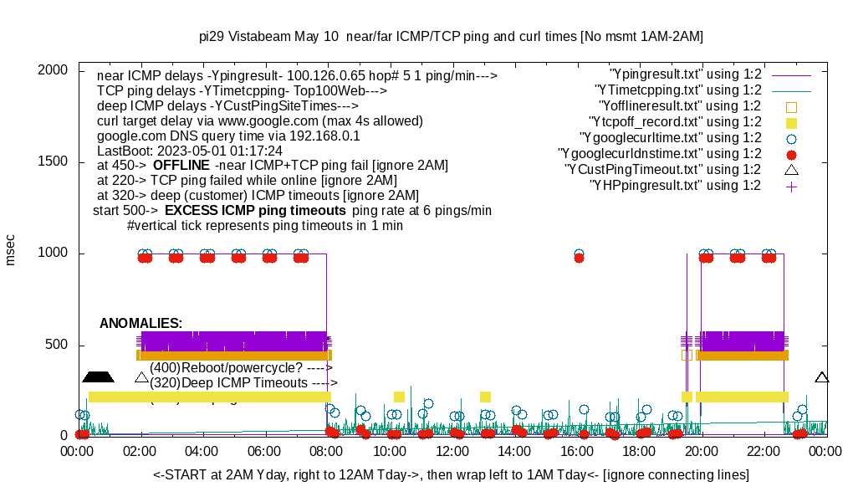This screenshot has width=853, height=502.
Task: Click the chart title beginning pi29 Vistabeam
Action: point(451,37)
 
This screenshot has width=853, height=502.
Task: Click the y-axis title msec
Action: point(11,250)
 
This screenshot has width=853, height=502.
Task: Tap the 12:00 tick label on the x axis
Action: point(452,451)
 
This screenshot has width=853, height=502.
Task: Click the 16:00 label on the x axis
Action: point(577,451)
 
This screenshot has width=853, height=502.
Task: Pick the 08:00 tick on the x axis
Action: point(327,451)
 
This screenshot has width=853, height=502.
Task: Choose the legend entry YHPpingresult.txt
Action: point(675,186)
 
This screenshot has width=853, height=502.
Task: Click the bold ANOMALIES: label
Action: point(140,323)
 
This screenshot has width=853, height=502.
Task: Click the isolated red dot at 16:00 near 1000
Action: point(579,259)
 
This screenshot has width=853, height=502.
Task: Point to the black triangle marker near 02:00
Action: point(141,377)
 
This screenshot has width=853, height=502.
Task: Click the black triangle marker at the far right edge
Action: point(822,377)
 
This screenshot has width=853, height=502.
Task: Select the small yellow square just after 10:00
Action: point(399,397)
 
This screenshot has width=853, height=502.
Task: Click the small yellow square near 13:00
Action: point(485,397)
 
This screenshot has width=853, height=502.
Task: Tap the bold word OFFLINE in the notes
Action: point(181,165)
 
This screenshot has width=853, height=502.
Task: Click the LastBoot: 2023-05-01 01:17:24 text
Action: point(190,151)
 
